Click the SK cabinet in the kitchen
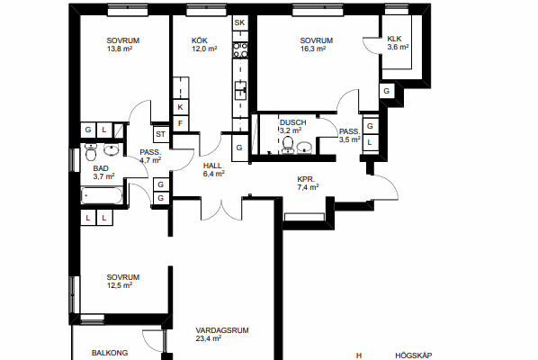coord(240,23)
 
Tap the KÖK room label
coord(200,40)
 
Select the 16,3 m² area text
coord(313,49)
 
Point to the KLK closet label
coord(394,39)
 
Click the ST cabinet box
coord(160,134)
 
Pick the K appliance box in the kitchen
coord(181,107)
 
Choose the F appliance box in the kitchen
coord(181,123)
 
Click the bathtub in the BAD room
coord(102,195)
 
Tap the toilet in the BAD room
coord(91,152)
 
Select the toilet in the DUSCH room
coord(288,145)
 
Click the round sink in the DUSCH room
coord(304,148)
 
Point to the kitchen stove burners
coord(240,49)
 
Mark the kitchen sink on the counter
coord(240,91)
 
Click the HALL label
coord(212,166)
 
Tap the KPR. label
coord(306,179)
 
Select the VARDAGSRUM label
coord(222,330)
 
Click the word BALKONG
coord(110,353)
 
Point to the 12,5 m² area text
coord(120,285)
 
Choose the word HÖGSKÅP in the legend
coord(414,355)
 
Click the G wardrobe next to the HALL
coord(239,148)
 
